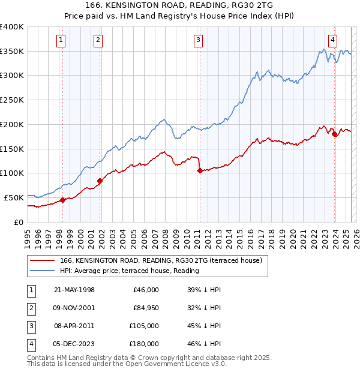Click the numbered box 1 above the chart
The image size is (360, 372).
[62, 40]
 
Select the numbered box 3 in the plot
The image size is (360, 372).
[198, 40]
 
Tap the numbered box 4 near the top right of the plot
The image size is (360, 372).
[332, 40]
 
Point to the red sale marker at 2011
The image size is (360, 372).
[199, 171]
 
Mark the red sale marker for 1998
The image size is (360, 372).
[62, 200]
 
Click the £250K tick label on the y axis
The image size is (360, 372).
[11, 100]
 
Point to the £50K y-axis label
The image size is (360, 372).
[14, 197]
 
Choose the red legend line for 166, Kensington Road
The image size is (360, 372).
[43, 261]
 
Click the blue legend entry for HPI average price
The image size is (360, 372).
[43, 271]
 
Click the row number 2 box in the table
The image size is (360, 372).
[29, 308]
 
